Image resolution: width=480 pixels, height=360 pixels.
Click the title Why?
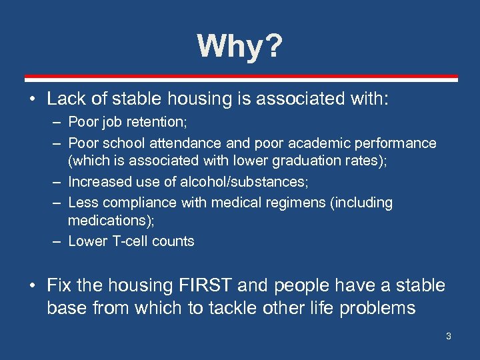(x=239, y=47)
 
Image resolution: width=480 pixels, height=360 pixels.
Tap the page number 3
(x=449, y=336)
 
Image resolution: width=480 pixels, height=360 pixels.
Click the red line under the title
(x=240, y=77)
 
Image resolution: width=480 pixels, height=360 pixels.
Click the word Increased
(x=99, y=182)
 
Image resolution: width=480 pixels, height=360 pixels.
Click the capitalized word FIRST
(x=206, y=286)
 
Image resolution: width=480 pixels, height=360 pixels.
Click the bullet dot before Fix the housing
(x=33, y=287)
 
